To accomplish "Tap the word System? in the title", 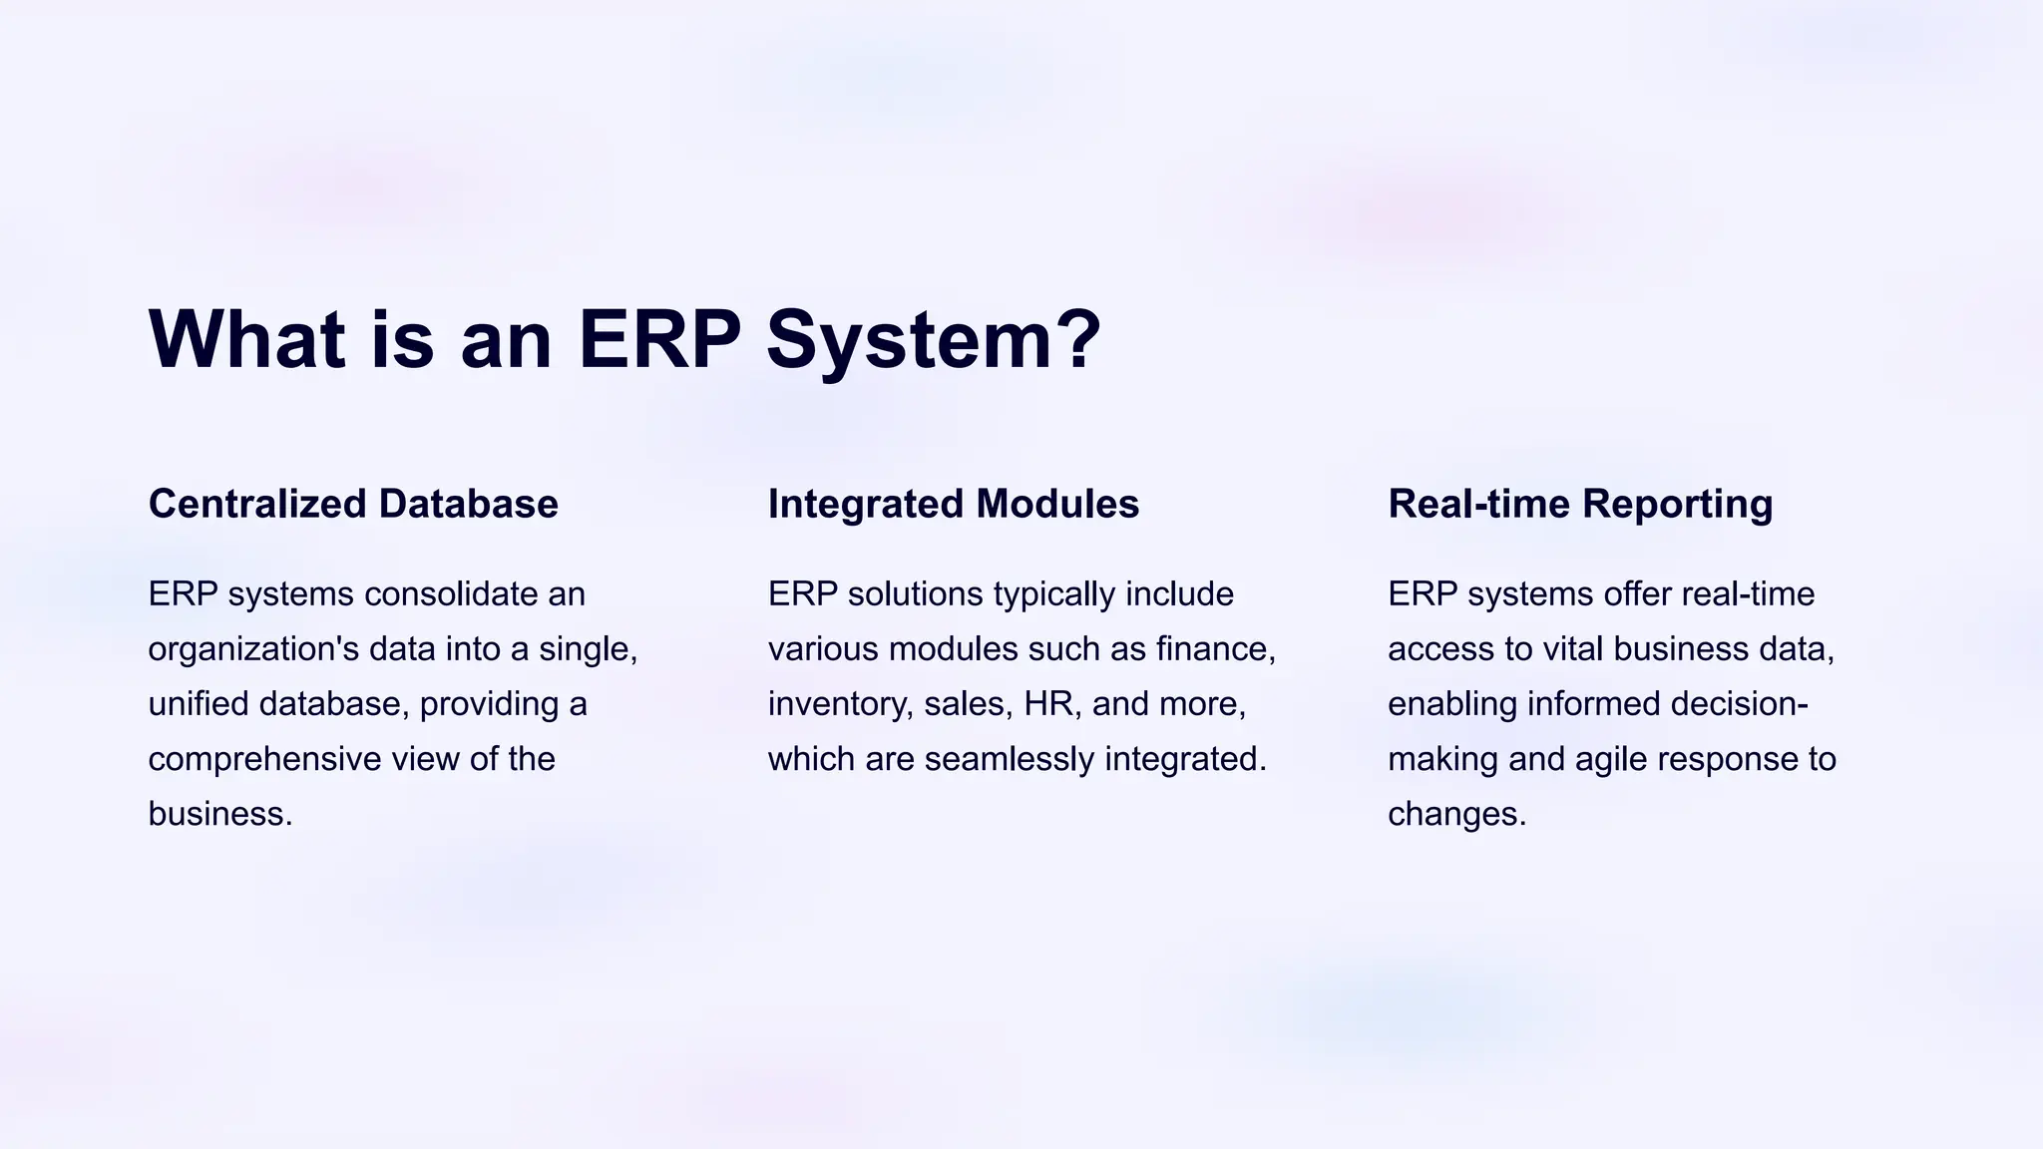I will [934, 341].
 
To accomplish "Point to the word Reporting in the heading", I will [1677, 504].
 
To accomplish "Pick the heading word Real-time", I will [1478, 504].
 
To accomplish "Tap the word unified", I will [198, 704].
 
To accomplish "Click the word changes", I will [1456, 815].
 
